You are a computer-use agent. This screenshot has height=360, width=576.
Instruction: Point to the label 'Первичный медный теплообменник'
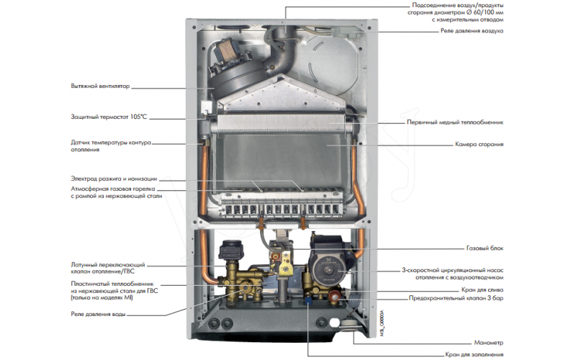(x=455, y=122)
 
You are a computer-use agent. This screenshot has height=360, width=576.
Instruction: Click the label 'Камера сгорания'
(x=479, y=144)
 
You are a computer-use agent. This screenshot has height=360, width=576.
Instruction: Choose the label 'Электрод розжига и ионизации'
(x=114, y=178)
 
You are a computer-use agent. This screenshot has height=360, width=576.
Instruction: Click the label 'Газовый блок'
(x=485, y=248)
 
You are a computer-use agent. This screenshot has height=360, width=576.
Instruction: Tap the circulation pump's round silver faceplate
(x=318, y=271)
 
